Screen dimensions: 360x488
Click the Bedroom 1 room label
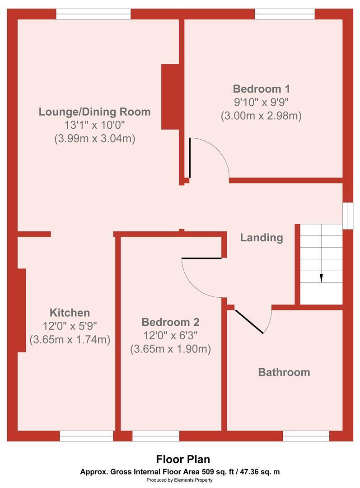pos(262,89)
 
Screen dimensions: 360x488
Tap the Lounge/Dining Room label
pos(94,112)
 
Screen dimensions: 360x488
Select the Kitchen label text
pos(70,313)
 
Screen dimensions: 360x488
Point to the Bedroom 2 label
pos(170,322)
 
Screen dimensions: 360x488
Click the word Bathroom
pos(284,372)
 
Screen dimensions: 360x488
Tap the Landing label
pos(262,238)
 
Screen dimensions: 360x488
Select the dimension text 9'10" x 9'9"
pos(262,102)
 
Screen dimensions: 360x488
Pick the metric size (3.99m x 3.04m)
pos(94,139)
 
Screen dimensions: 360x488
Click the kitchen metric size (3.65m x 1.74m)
pos(70,339)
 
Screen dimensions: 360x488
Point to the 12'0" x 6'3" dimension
pos(170,335)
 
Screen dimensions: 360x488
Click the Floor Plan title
pos(183,459)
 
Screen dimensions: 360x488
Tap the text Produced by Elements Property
pos(179,480)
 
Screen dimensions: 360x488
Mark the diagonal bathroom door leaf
pos(249,322)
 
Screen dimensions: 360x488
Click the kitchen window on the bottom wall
pos(87,436)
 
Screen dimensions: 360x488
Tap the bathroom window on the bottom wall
pos(306,436)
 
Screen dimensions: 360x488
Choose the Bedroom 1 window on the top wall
pos(285,14)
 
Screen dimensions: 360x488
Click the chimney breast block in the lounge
pos(170,97)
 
